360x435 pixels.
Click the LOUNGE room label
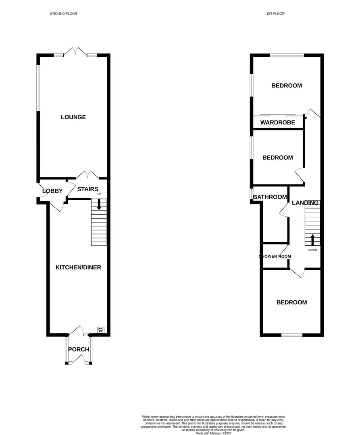click(x=73, y=117)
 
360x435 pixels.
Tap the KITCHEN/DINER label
click(x=78, y=267)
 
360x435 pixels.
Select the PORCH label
click(x=78, y=349)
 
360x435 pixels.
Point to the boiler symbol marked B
click(x=101, y=330)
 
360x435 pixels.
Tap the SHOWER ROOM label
click(x=275, y=256)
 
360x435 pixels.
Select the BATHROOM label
click(x=270, y=197)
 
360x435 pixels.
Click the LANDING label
click(x=306, y=203)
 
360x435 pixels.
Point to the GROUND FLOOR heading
click(x=63, y=14)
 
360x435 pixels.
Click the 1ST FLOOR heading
click(x=275, y=14)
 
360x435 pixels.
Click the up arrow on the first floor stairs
click(x=312, y=239)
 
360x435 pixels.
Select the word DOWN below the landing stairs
click(x=312, y=250)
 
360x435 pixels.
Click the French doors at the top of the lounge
click(x=75, y=52)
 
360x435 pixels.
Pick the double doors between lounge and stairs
click(x=87, y=175)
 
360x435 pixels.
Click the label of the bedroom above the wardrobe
click(x=286, y=85)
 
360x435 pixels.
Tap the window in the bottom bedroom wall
click(x=292, y=335)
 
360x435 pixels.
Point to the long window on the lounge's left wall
click(x=38, y=87)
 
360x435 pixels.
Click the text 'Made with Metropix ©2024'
click(x=214, y=433)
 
